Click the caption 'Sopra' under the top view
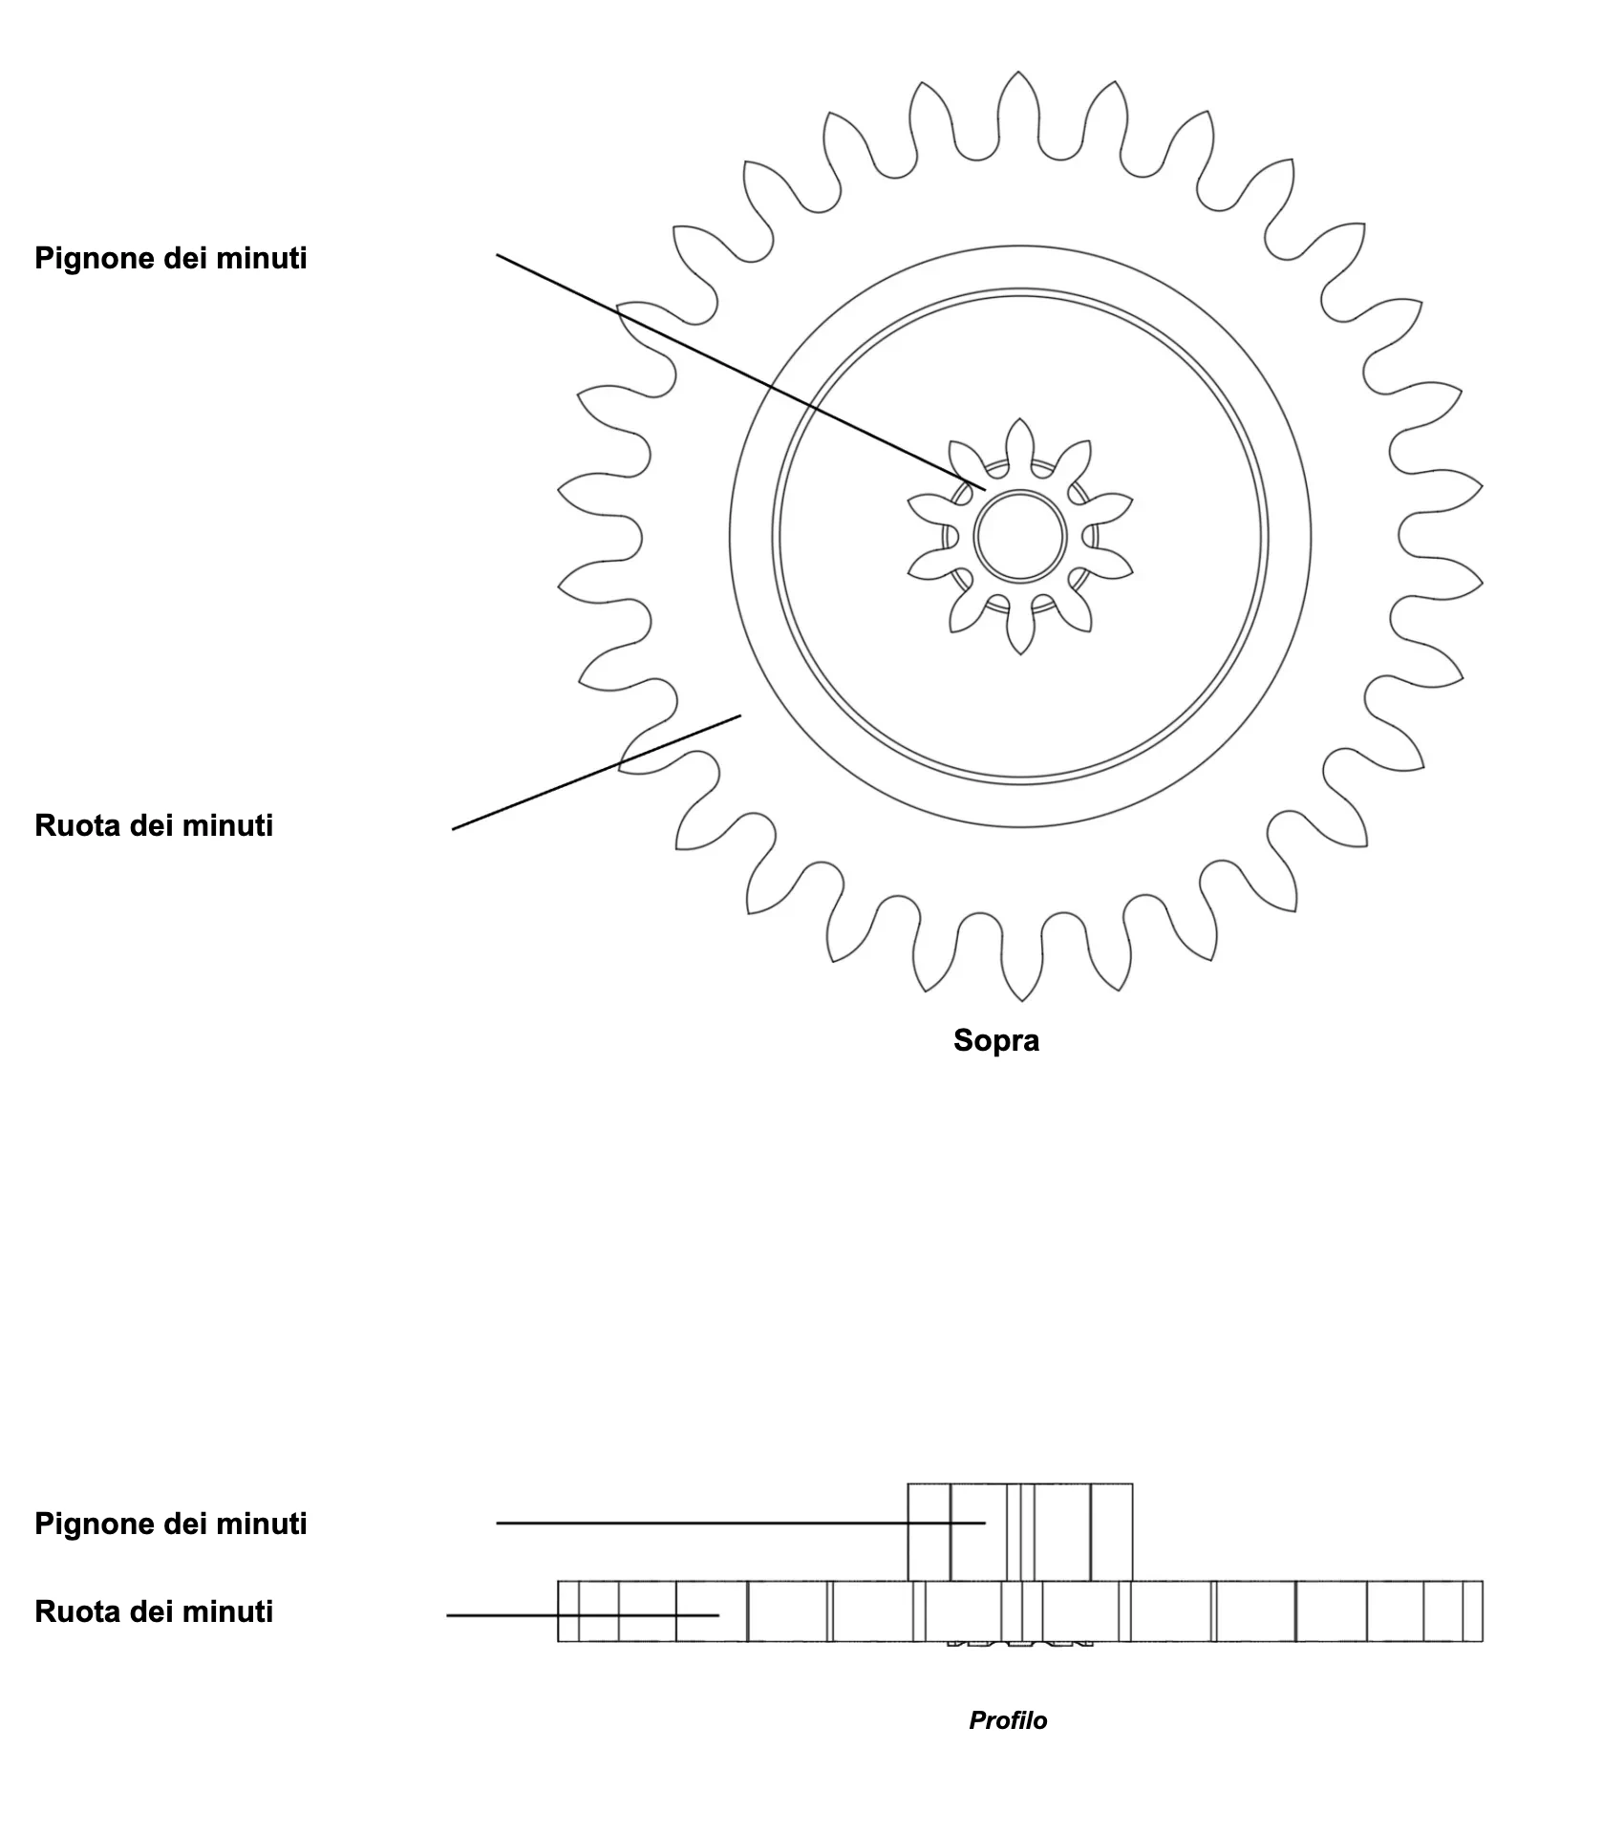coord(995,1040)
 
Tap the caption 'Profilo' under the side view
coord(1008,1720)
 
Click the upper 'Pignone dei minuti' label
coord(171,259)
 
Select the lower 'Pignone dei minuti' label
coord(171,1524)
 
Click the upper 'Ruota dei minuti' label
coord(154,825)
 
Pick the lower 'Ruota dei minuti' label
coord(154,1611)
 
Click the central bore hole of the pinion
coord(1020,536)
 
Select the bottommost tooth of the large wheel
coord(1020,960)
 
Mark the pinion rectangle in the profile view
coord(1019,1531)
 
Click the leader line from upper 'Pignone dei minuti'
coord(741,372)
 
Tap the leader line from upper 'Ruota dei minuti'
coord(596,772)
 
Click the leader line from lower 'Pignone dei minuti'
coord(740,1523)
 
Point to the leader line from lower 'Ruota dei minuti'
coord(583,1615)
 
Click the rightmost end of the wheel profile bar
coord(1483,1611)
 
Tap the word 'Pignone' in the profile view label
coord(91,1524)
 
